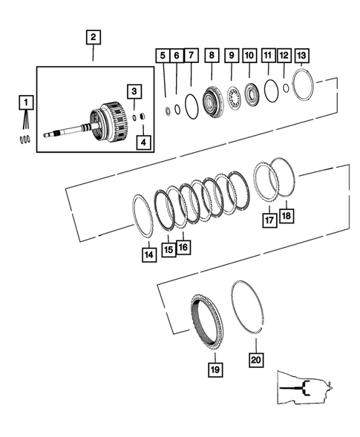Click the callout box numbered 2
point(93,36)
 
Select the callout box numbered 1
point(25,102)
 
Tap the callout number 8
point(212,56)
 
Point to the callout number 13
point(301,56)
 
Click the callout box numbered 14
point(150,254)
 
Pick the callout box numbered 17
point(269,220)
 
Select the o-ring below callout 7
point(191,105)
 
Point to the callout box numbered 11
point(268,56)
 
